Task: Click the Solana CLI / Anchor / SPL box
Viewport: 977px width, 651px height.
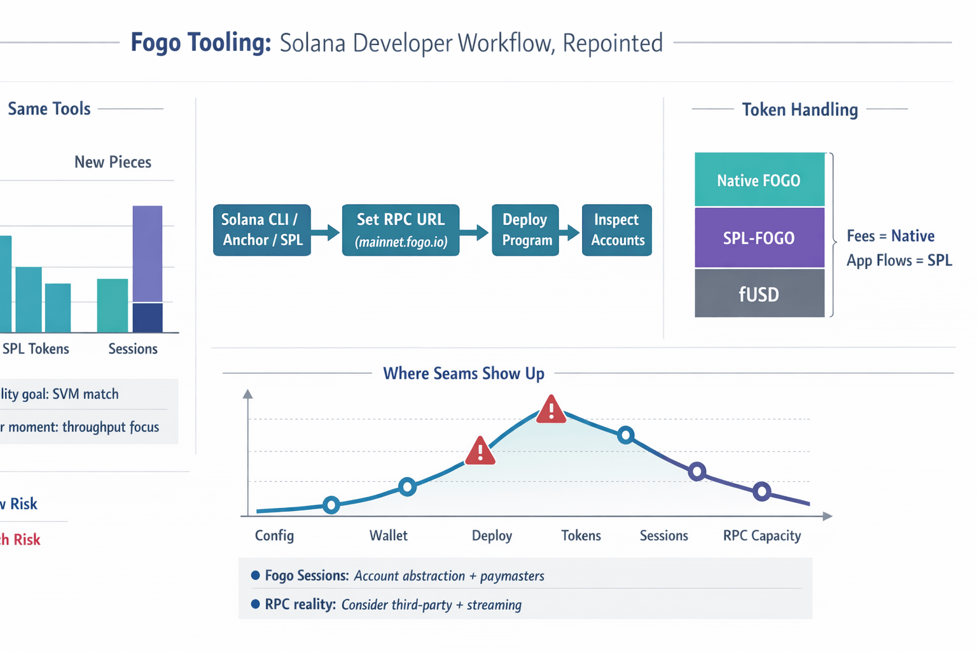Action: pos(261,230)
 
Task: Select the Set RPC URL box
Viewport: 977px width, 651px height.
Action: pos(400,230)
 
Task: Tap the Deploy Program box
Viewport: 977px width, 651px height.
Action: pos(525,230)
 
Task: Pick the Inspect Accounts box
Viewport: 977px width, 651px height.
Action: pos(616,230)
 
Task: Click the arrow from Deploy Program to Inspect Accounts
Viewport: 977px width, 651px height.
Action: pos(571,232)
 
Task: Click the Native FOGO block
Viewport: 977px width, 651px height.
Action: pos(759,180)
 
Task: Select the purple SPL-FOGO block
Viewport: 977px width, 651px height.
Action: pos(759,238)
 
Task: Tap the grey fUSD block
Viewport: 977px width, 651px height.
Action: pos(759,294)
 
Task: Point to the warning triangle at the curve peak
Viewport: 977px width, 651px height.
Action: pos(551,410)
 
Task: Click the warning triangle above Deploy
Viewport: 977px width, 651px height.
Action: pos(480,451)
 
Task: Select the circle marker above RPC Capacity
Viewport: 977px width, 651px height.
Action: pos(761,491)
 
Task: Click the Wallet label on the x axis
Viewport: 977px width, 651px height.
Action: pos(388,535)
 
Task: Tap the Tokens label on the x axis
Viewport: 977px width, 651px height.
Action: pos(581,535)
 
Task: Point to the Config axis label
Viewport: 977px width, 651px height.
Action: pos(274,535)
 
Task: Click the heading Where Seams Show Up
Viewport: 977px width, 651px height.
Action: pos(463,373)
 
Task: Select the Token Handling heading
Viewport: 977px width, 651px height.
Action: pos(800,109)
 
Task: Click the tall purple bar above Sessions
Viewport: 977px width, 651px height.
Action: pos(148,254)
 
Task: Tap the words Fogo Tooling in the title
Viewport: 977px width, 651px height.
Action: pos(201,43)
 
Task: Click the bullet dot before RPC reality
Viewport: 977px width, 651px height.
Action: pos(256,604)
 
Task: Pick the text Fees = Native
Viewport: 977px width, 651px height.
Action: pos(890,236)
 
